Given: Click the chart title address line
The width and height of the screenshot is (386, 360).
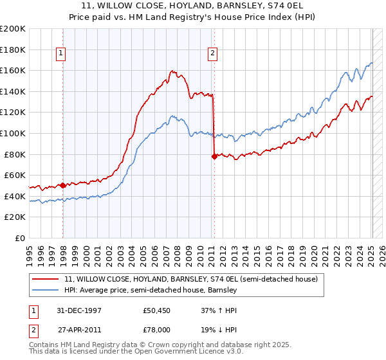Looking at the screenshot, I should click(193, 4).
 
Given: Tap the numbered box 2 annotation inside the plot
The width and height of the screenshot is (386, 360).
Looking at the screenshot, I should click(212, 54).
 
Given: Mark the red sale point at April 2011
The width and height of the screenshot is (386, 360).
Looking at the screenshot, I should click(214, 156).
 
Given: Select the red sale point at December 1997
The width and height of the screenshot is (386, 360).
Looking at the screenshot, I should click(63, 185).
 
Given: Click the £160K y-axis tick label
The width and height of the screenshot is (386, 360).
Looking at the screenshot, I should click(13, 70).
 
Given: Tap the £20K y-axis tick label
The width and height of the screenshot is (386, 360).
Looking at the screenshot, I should click(15, 217).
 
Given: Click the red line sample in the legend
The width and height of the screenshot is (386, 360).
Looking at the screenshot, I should click(46, 280).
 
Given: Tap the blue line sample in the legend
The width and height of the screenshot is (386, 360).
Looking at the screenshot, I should click(46, 291).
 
